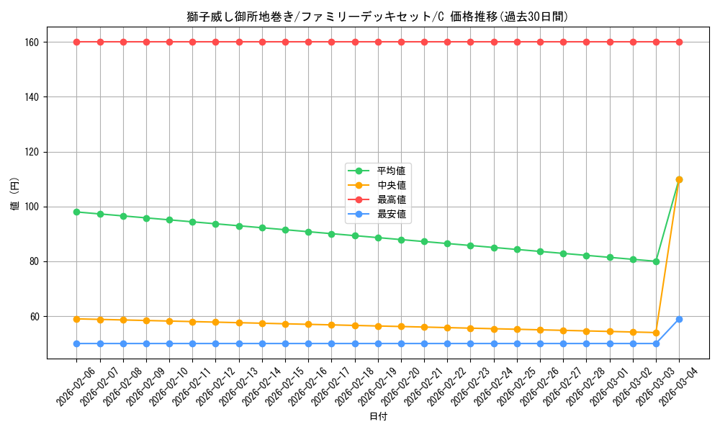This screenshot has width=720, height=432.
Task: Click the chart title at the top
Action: [360, 17]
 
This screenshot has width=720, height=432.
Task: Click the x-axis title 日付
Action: [378, 417]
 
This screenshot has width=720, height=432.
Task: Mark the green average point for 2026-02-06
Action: [77, 212]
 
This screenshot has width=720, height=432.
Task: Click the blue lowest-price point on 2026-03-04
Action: [679, 319]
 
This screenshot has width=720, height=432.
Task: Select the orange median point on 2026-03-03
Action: [656, 333]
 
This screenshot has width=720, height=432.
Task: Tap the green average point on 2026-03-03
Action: [656, 261]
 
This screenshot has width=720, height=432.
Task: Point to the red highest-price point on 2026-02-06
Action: [77, 42]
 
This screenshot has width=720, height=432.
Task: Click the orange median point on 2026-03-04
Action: [679, 179]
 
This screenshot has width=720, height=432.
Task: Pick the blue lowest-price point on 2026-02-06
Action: [77, 343]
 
